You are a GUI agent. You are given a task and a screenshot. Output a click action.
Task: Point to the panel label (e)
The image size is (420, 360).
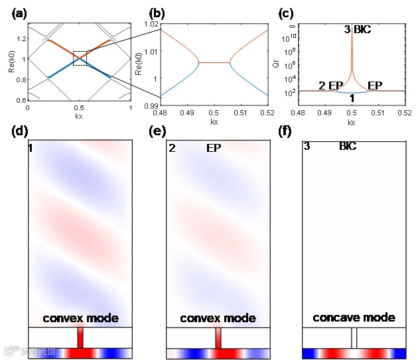pos(157,131)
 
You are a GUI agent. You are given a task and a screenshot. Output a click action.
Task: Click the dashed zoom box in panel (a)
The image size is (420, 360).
pos(80,58)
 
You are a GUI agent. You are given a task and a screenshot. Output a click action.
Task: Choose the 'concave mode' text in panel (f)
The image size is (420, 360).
pos(354,317)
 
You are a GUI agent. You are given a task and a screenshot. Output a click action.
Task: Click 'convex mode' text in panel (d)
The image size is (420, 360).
pos(80,318)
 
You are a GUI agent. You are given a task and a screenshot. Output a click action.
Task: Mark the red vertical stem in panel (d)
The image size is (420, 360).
pos(80,337)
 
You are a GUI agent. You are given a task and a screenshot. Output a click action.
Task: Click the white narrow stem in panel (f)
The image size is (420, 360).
pos(354,337)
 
